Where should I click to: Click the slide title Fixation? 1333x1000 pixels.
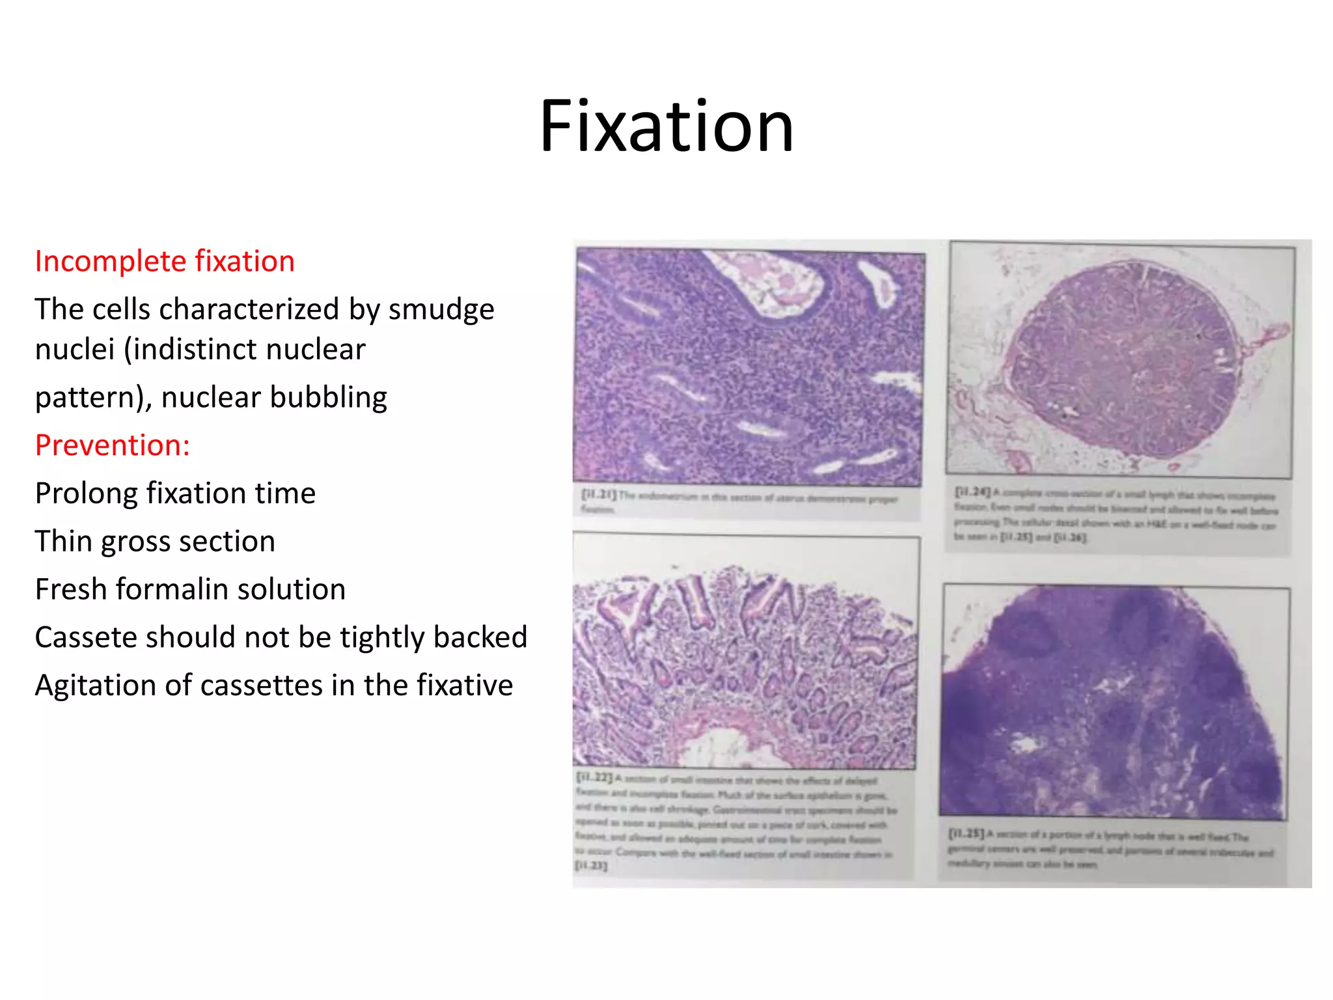click(x=666, y=126)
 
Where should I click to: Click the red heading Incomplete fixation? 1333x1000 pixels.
click(x=165, y=261)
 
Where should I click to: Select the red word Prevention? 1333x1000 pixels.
click(x=112, y=445)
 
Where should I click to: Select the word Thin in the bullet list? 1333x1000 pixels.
click(x=62, y=541)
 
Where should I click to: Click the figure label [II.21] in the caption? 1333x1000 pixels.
click(x=598, y=495)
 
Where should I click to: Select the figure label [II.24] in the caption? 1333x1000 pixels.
click(x=972, y=492)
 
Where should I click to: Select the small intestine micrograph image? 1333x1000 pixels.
click(x=745, y=651)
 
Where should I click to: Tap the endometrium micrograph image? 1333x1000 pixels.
click(x=749, y=368)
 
